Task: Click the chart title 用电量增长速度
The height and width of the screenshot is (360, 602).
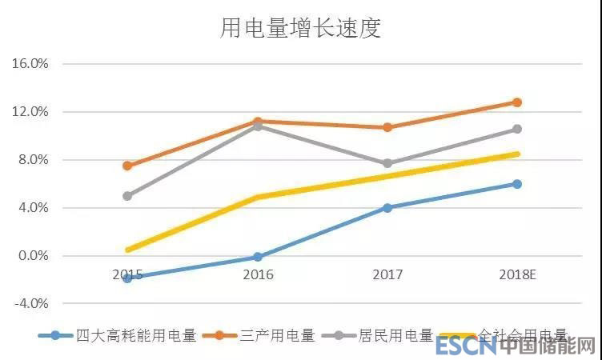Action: click(300, 29)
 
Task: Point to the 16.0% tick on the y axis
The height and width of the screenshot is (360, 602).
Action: click(30, 63)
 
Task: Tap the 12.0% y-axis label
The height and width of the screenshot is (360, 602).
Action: click(30, 111)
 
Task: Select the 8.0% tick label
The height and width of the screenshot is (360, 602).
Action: click(32, 159)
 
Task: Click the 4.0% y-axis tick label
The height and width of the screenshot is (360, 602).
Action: click(32, 207)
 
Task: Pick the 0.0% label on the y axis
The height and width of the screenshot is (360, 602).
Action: click(32, 255)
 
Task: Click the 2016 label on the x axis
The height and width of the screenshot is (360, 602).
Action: click(258, 274)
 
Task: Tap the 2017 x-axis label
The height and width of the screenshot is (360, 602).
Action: click(387, 274)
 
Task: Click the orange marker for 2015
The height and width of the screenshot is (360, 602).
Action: click(127, 166)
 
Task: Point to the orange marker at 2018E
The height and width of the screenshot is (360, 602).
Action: click(517, 102)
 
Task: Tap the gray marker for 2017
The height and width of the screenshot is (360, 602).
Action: click(387, 163)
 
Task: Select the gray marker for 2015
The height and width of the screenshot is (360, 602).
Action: click(127, 195)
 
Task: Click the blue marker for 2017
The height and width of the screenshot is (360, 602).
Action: click(387, 207)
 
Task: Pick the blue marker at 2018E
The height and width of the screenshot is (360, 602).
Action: click(517, 184)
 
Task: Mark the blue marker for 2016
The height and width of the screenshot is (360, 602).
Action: click(258, 257)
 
